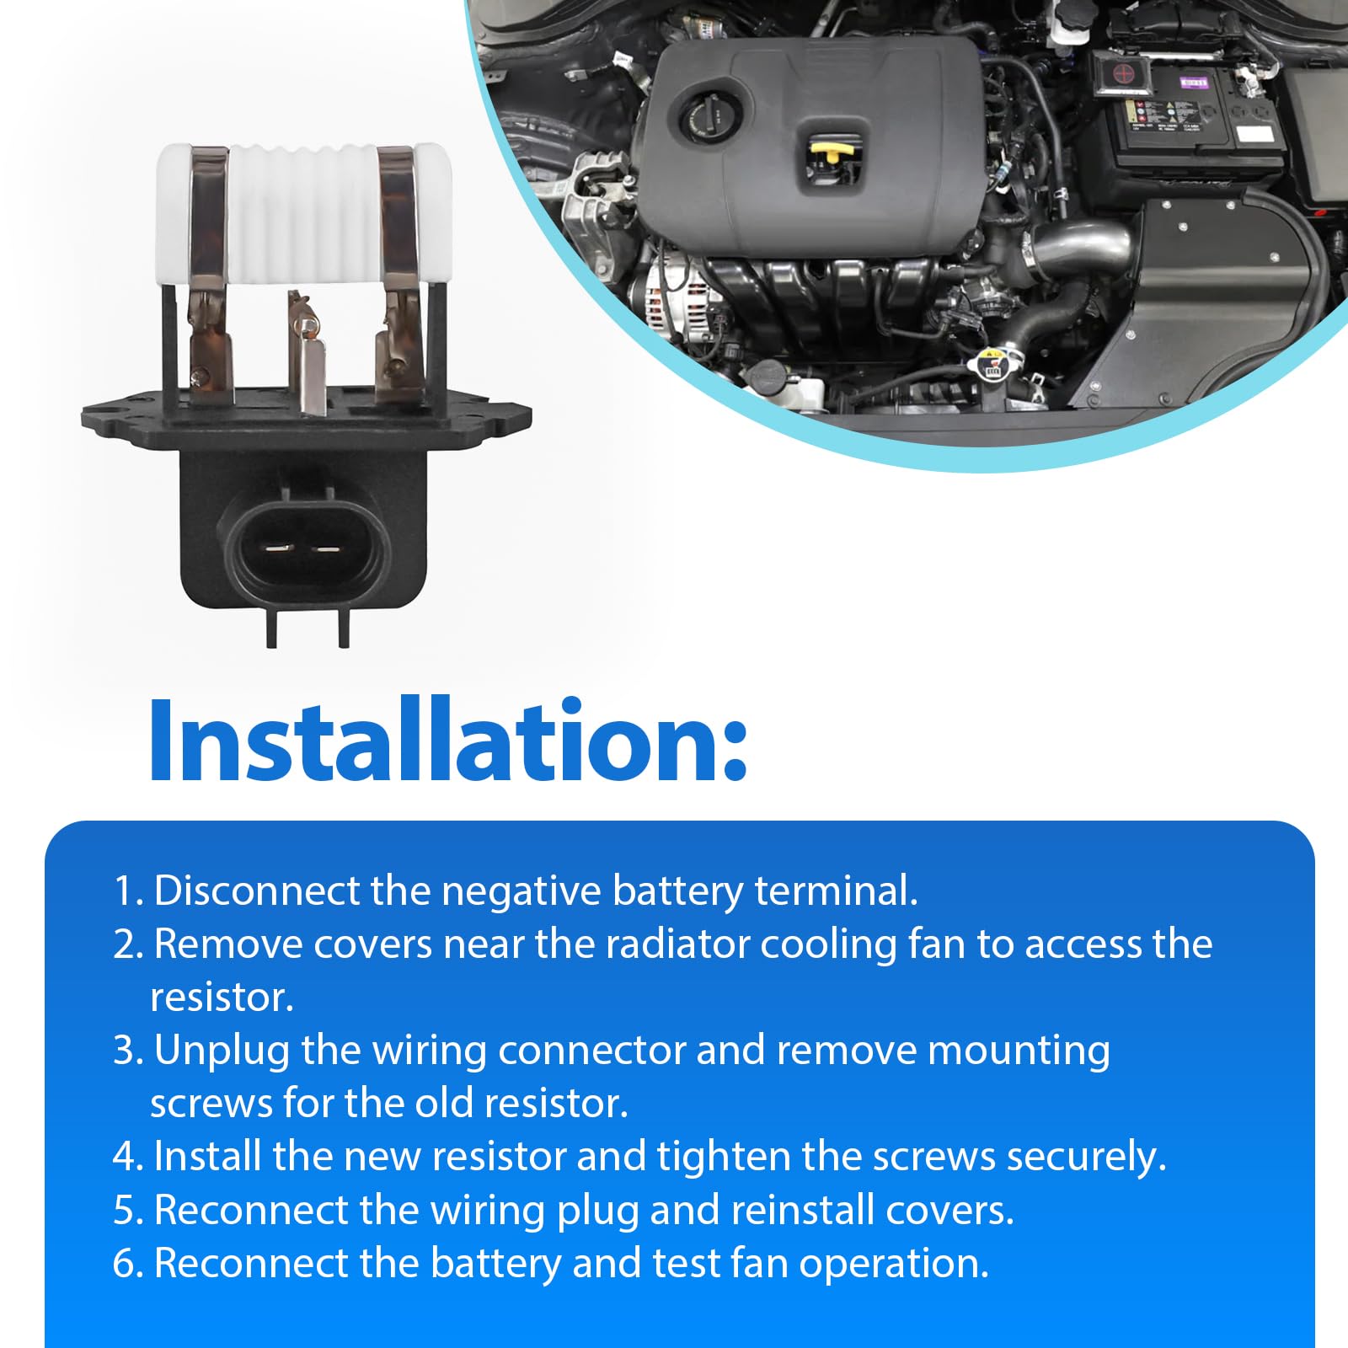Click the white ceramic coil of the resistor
pos(303,212)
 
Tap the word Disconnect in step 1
pos(258,891)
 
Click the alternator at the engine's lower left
pos(674,299)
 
